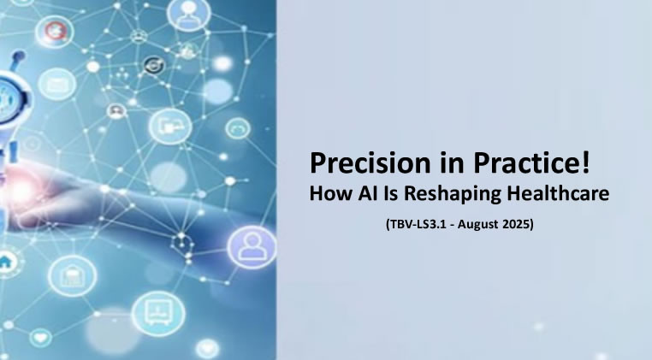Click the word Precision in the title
(x=370, y=163)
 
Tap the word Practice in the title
(x=525, y=163)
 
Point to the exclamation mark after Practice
(x=585, y=162)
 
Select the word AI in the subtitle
(x=368, y=193)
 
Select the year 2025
(x=516, y=225)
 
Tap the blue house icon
(x=5, y=263)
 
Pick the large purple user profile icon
(x=252, y=246)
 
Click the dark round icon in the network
(x=154, y=65)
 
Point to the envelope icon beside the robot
(x=57, y=85)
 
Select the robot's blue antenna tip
(x=19, y=56)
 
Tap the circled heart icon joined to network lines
(x=41, y=337)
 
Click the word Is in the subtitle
(x=391, y=193)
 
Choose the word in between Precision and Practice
(x=453, y=163)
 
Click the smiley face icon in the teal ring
(x=238, y=129)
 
